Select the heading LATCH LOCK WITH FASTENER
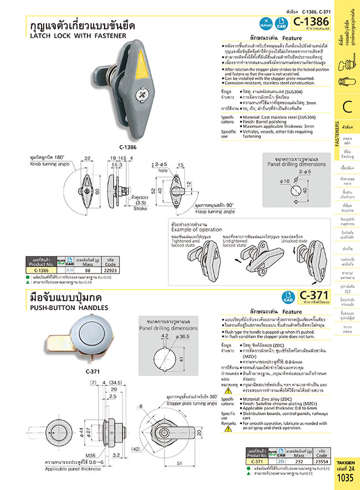[78, 35]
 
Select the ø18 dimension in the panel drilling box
[285, 181]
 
